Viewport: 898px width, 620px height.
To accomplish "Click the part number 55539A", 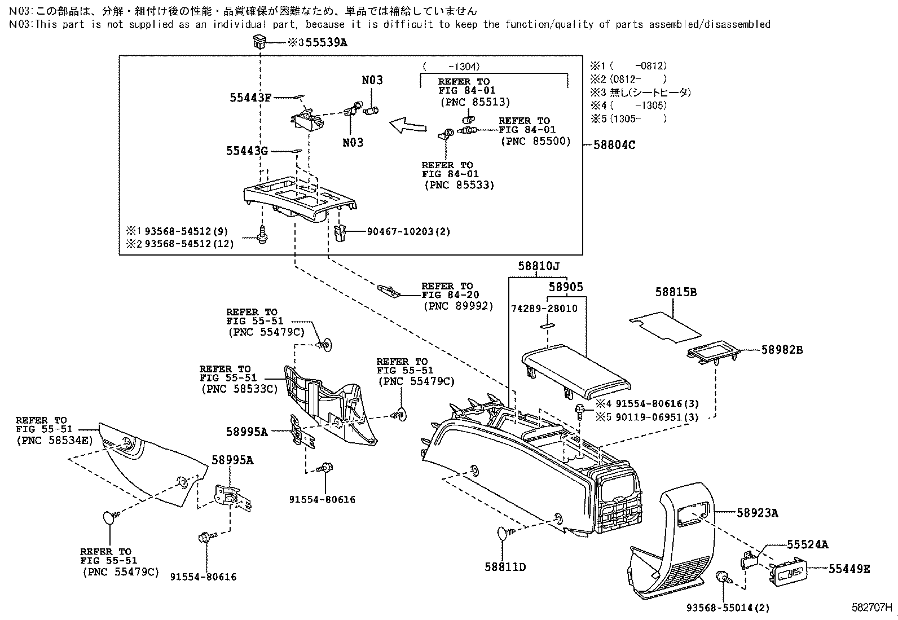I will pos(326,42).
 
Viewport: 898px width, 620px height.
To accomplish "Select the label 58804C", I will pos(614,144).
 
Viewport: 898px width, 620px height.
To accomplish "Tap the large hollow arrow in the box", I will pos(408,124).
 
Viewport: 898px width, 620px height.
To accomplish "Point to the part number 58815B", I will pos(676,292).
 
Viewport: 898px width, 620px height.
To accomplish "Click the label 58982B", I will pos(782,350).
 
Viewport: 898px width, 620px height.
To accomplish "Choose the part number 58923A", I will pos(757,513).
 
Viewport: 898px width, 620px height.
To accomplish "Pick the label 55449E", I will pos(849,569).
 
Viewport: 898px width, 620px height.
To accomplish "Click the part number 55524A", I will pos(808,544).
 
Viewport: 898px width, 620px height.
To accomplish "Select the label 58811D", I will pos(505,566).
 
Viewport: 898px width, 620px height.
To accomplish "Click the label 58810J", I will pos(539,266).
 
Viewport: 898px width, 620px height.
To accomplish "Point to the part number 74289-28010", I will pos(544,309).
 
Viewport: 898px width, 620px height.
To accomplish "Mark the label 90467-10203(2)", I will pos(408,231).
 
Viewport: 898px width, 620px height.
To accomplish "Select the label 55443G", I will pos(247,151).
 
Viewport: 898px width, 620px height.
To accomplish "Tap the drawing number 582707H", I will pos(872,608).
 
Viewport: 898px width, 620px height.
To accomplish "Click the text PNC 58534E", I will pos(54,440).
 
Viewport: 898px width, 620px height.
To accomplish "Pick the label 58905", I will pos(566,287).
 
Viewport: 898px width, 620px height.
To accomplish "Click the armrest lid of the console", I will pos(575,370).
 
